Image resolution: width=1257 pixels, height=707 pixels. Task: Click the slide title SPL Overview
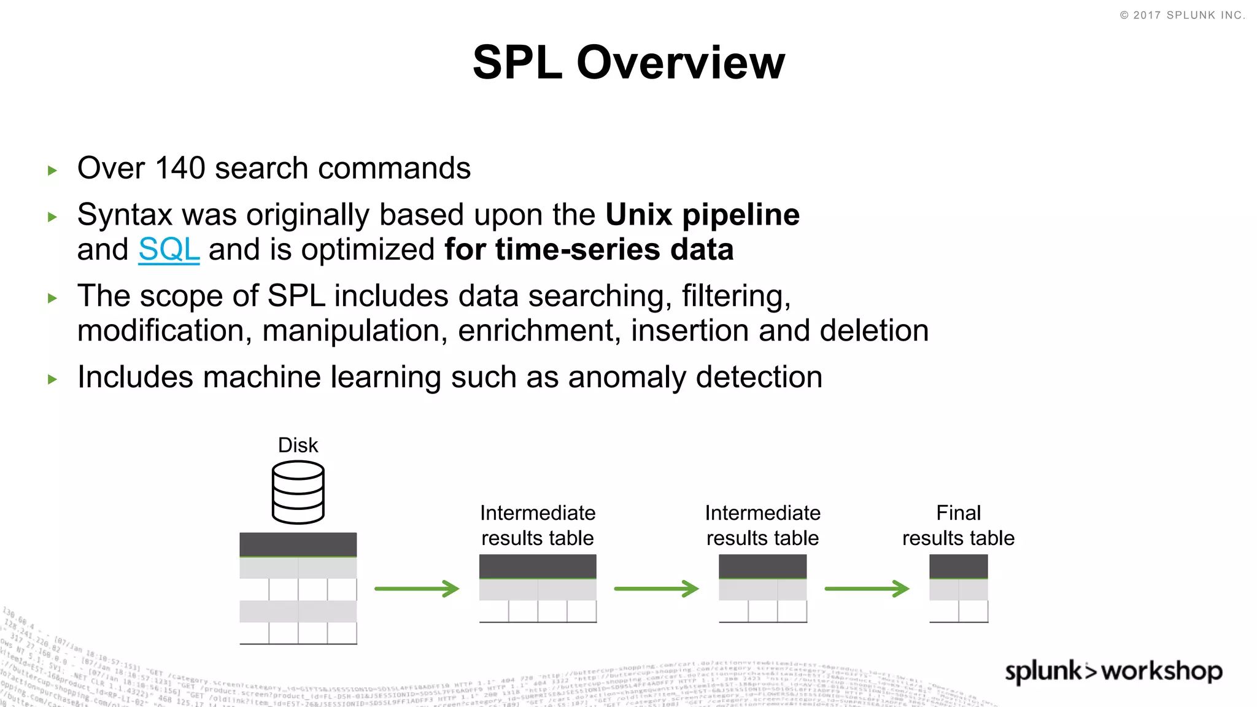coord(628,63)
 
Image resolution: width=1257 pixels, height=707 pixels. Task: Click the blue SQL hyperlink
coord(169,250)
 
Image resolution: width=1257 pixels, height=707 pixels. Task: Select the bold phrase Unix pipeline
coord(702,215)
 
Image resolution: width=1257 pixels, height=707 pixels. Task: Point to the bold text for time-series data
coord(589,250)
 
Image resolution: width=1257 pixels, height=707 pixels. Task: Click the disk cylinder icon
coord(298,493)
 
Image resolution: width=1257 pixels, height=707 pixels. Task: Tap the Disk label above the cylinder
coord(298,445)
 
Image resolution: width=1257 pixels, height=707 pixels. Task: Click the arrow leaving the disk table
coord(417,589)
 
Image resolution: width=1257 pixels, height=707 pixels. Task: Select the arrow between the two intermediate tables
coord(656,589)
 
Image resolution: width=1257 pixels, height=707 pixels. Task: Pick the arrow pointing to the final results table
coord(867,589)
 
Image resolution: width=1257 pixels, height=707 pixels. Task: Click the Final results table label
coord(958,525)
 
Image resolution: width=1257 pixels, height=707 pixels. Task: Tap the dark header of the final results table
coord(958,566)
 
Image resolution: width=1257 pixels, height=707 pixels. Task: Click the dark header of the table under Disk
coord(298,544)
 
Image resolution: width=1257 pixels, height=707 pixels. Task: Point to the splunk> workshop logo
coord(1113,671)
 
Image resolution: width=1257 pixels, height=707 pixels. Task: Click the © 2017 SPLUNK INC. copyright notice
coord(1182,15)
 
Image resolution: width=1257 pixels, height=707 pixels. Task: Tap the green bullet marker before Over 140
coord(53,171)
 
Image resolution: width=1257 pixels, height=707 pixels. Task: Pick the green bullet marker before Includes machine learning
coord(53,379)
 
